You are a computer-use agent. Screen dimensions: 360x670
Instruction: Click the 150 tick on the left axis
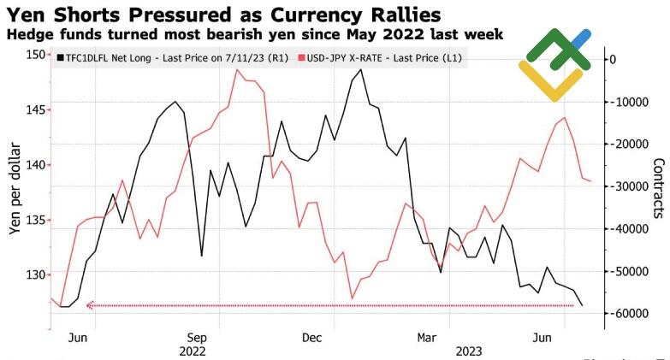coord(35,55)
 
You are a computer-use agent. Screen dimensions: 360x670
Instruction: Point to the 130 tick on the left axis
coord(35,274)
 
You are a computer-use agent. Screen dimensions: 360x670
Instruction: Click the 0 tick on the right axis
coord(611,58)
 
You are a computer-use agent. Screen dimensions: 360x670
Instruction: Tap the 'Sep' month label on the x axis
coord(197,337)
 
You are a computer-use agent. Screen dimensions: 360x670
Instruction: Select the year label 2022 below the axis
coord(193,351)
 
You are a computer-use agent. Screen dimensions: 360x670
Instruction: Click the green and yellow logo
coord(554,64)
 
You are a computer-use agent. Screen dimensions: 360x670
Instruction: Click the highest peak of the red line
coord(237,69)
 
